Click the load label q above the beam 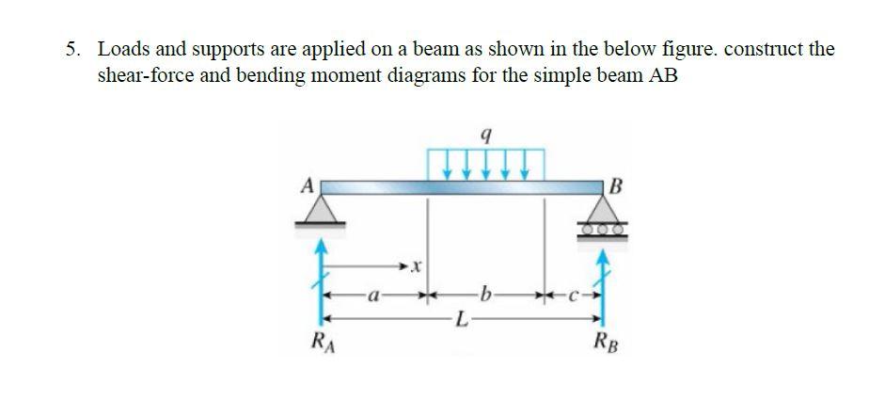pos(484,137)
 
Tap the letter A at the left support pos(306,185)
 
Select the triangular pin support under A pos(320,208)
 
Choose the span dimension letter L pos(460,322)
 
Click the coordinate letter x pos(416,270)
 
